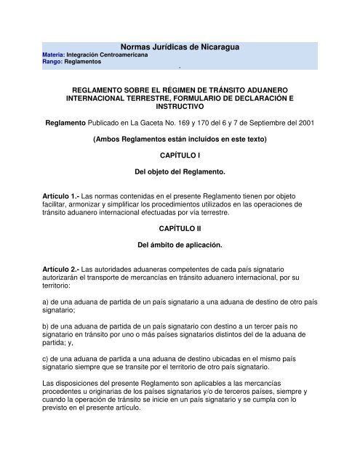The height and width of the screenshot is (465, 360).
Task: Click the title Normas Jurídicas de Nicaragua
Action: (180, 46)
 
